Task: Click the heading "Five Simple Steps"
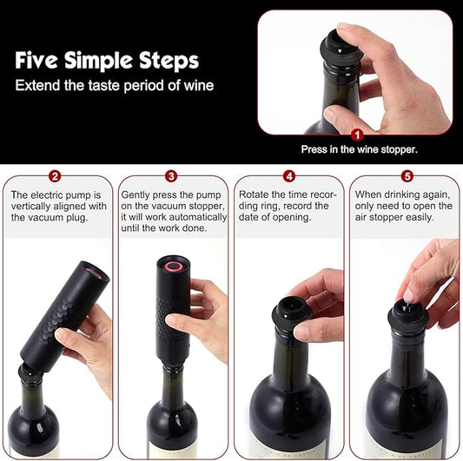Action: pyautogui.click(x=107, y=61)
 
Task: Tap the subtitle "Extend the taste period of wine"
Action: pyautogui.click(x=114, y=86)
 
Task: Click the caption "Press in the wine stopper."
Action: pyautogui.click(x=359, y=149)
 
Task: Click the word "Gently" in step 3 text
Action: pyautogui.click(x=137, y=194)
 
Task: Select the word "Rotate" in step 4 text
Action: pyautogui.click(x=255, y=194)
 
